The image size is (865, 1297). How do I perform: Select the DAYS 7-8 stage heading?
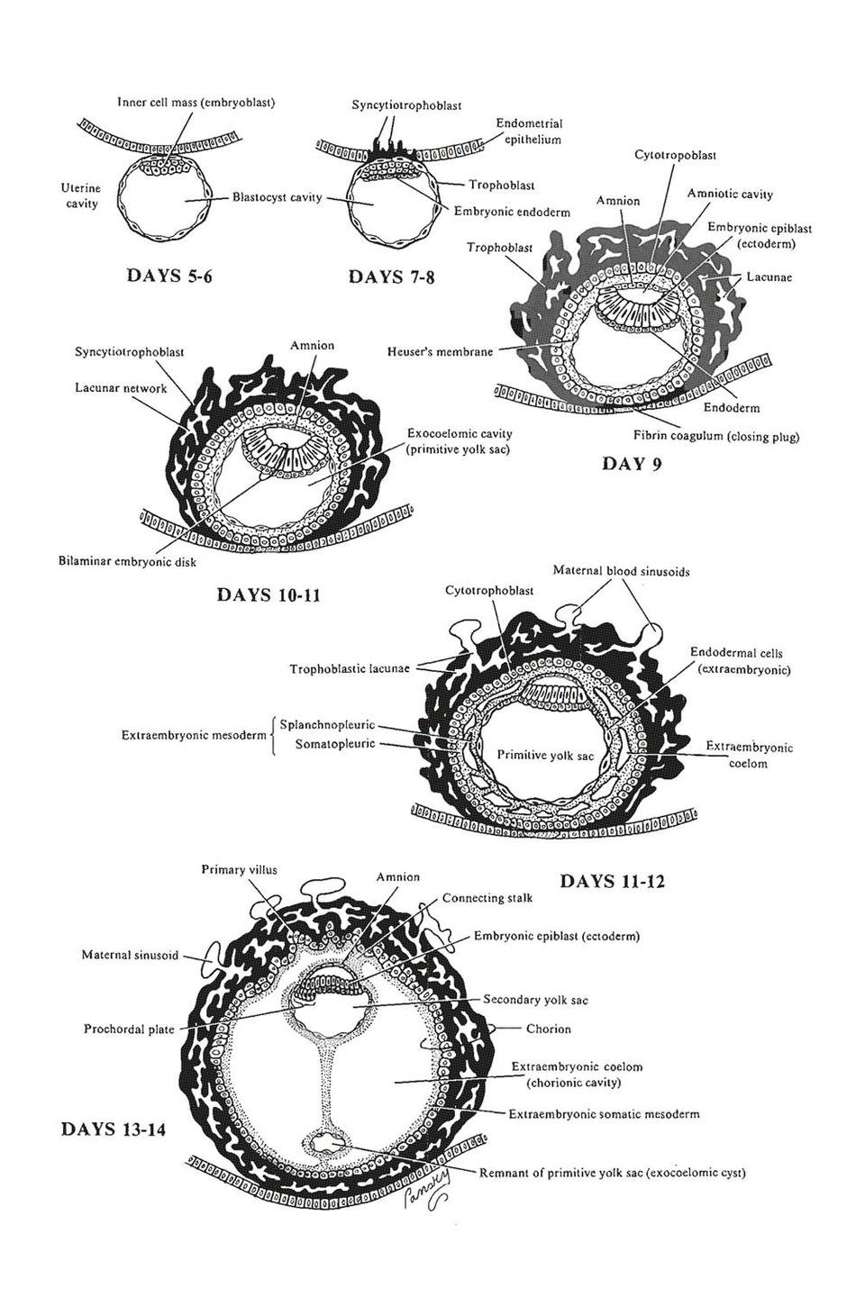coord(391,277)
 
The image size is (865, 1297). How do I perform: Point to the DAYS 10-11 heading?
coord(269,594)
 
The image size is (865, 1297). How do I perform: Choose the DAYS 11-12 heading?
coord(612,881)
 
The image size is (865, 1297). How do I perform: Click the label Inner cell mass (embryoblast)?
coord(196,102)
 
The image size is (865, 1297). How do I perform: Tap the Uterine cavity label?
coord(81,195)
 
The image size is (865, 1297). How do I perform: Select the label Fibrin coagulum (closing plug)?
coord(716,436)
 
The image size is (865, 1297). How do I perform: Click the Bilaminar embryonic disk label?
coord(126,561)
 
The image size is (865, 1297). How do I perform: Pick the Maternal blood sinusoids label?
coord(621,571)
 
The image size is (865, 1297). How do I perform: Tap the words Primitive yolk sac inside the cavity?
coord(545,755)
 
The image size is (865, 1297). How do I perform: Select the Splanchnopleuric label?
coord(326,724)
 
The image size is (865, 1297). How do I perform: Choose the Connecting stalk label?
coord(487,898)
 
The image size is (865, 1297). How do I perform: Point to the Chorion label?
coord(548,1029)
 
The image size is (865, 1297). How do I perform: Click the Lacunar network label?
coord(121,388)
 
